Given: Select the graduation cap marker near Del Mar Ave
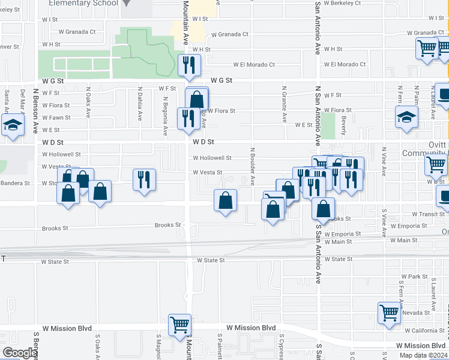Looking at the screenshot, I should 12,127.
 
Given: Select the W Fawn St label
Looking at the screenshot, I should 60,118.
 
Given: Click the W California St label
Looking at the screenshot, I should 424,331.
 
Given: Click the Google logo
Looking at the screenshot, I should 19,353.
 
